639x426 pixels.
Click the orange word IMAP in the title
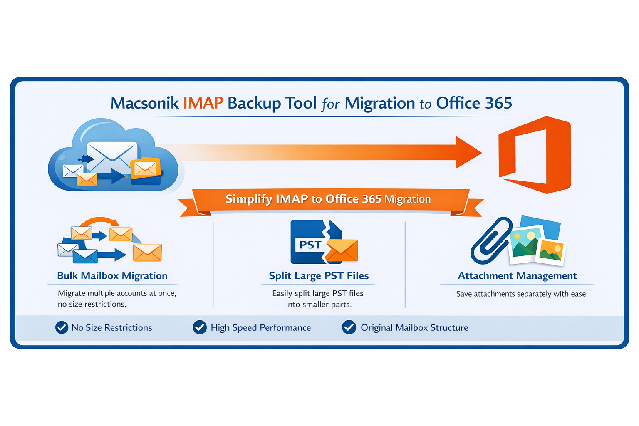click(x=203, y=103)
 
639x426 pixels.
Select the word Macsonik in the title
click(x=144, y=103)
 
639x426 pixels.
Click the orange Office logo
click(x=535, y=154)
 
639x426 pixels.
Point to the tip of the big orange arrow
click(x=480, y=152)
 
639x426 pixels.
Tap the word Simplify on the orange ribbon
click(x=249, y=199)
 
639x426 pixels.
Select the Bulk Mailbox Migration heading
click(x=112, y=276)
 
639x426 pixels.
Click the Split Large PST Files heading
click(x=319, y=276)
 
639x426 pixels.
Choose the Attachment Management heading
click(x=517, y=276)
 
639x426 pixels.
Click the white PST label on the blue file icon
click(x=310, y=245)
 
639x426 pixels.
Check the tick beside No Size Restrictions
click(x=62, y=328)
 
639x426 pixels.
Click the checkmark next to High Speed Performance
click(x=200, y=328)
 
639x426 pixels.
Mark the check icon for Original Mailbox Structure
click(x=349, y=328)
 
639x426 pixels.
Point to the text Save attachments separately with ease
click(x=522, y=294)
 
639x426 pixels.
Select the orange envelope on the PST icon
click(x=342, y=251)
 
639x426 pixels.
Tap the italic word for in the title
click(x=331, y=104)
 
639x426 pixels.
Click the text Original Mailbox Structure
click(x=414, y=328)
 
